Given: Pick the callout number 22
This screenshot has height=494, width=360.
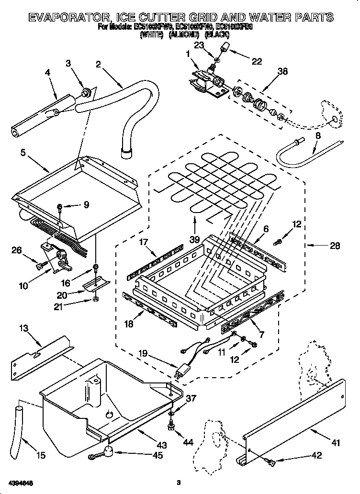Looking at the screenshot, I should coord(257,61).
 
